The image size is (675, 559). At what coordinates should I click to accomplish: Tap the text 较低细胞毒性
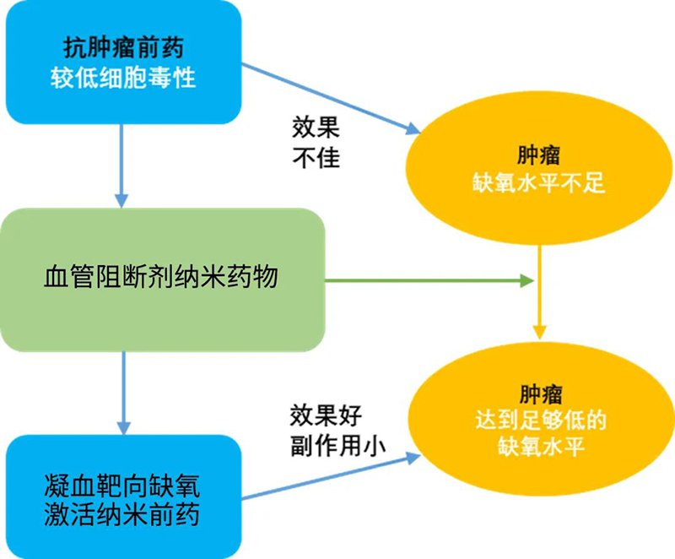[122, 79]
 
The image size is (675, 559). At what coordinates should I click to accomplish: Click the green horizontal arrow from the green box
[430, 279]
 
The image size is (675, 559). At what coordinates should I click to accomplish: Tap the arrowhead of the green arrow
[530, 279]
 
